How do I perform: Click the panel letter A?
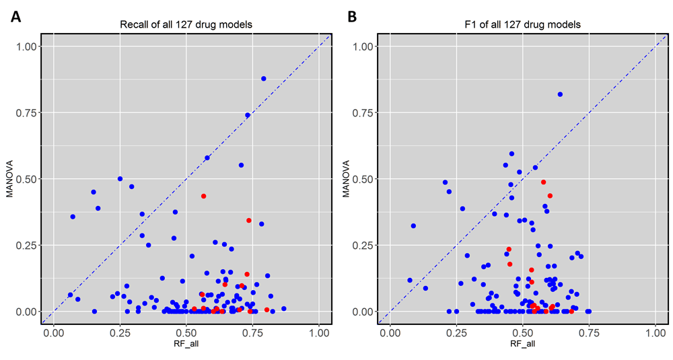[x=16, y=17]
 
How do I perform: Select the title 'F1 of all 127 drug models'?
[x=522, y=25]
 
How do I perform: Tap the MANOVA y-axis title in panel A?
[x=10, y=178]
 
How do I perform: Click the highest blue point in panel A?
[x=264, y=79]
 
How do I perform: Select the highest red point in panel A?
[x=203, y=196]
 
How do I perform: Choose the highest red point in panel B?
[x=543, y=182]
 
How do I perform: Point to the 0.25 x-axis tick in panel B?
[x=456, y=332]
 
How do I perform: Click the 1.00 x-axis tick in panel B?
[x=656, y=332]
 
